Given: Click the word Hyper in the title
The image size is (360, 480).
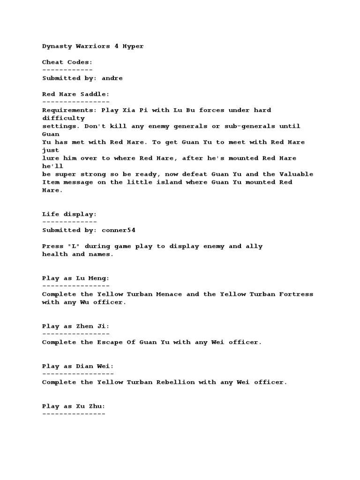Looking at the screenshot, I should [x=133, y=46].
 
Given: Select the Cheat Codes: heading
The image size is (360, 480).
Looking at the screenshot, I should [x=67, y=62].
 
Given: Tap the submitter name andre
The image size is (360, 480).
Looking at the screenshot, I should [x=112, y=78].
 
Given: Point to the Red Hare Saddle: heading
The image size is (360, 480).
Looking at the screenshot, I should [x=75, y=94].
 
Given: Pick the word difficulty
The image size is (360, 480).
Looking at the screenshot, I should [x=63, y=118].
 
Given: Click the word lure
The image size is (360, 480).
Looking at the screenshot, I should [x=50, y=158].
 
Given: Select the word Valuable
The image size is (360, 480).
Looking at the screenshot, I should [x=296, y=174].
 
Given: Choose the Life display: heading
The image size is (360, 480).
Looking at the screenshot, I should [x=69, y=214].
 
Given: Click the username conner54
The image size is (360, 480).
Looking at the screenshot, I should [x=118, y=230].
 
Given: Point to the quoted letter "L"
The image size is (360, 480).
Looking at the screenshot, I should [x=74, y=246].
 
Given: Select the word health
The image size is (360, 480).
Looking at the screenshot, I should [x=54, y=254].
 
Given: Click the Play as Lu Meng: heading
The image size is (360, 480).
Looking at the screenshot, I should [x=75, y=278].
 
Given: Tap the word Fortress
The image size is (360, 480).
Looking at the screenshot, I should [x=296, y=294].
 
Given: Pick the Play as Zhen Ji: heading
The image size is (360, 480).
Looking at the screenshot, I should [x=75, y=326].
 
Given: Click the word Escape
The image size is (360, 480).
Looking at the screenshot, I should [x=110, y=342].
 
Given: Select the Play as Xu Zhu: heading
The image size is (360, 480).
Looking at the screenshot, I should [x=74, y=406].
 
